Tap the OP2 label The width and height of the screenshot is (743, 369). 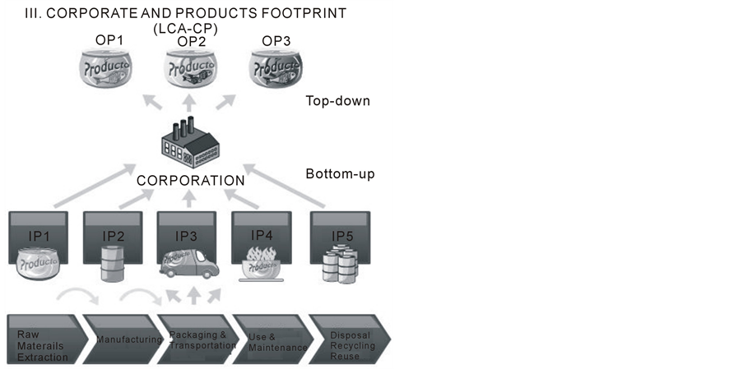pos(190,41)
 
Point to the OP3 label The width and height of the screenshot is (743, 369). pos(276,41)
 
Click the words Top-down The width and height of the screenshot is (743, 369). pos(337,101)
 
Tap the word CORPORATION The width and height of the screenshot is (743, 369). pos(190,180)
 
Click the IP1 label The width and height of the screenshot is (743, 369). pos(41,237)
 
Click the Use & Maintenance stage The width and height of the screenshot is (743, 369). pos(273,342)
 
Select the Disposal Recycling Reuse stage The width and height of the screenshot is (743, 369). pos(351,346)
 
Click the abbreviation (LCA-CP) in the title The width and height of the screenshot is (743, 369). pos(190,28)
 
